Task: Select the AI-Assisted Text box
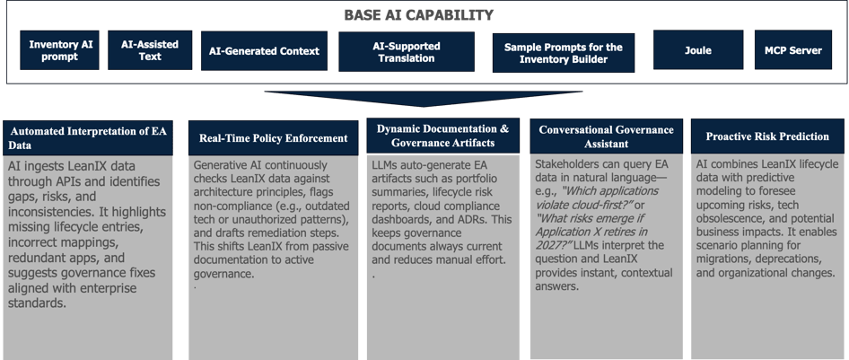click(x=150, y=50)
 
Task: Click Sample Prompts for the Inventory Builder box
click(x=564, y=51)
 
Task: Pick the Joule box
click(x=697, y=50)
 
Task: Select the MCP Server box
click(x=792, y=50)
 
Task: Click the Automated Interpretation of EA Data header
click(x=90, y=136)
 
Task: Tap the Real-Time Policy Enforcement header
click(x=273, y=138)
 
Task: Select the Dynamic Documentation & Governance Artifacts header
click(x=442, y=136)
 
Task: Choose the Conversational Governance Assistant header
click(x=606, y=136)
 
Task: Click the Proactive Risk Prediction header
click(x=766, y=136)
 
